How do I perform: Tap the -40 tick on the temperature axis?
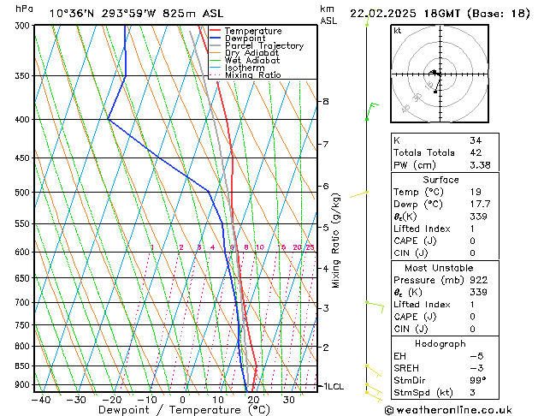click(39, 400)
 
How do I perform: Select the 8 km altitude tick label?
click(326, 101)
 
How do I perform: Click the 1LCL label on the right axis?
click(331, 387)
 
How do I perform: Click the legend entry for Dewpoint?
click(244, 39)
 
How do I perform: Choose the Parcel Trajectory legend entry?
click(263, 46)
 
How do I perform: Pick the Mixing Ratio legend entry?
click(252, 75)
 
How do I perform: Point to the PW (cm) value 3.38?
click(480, 165)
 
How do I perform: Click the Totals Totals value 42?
click(475, 152)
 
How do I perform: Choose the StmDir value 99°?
click(477, 380)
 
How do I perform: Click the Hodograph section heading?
click(440, 342)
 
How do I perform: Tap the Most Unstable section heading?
click(440, 267)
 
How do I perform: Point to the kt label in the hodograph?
click(397, 30)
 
